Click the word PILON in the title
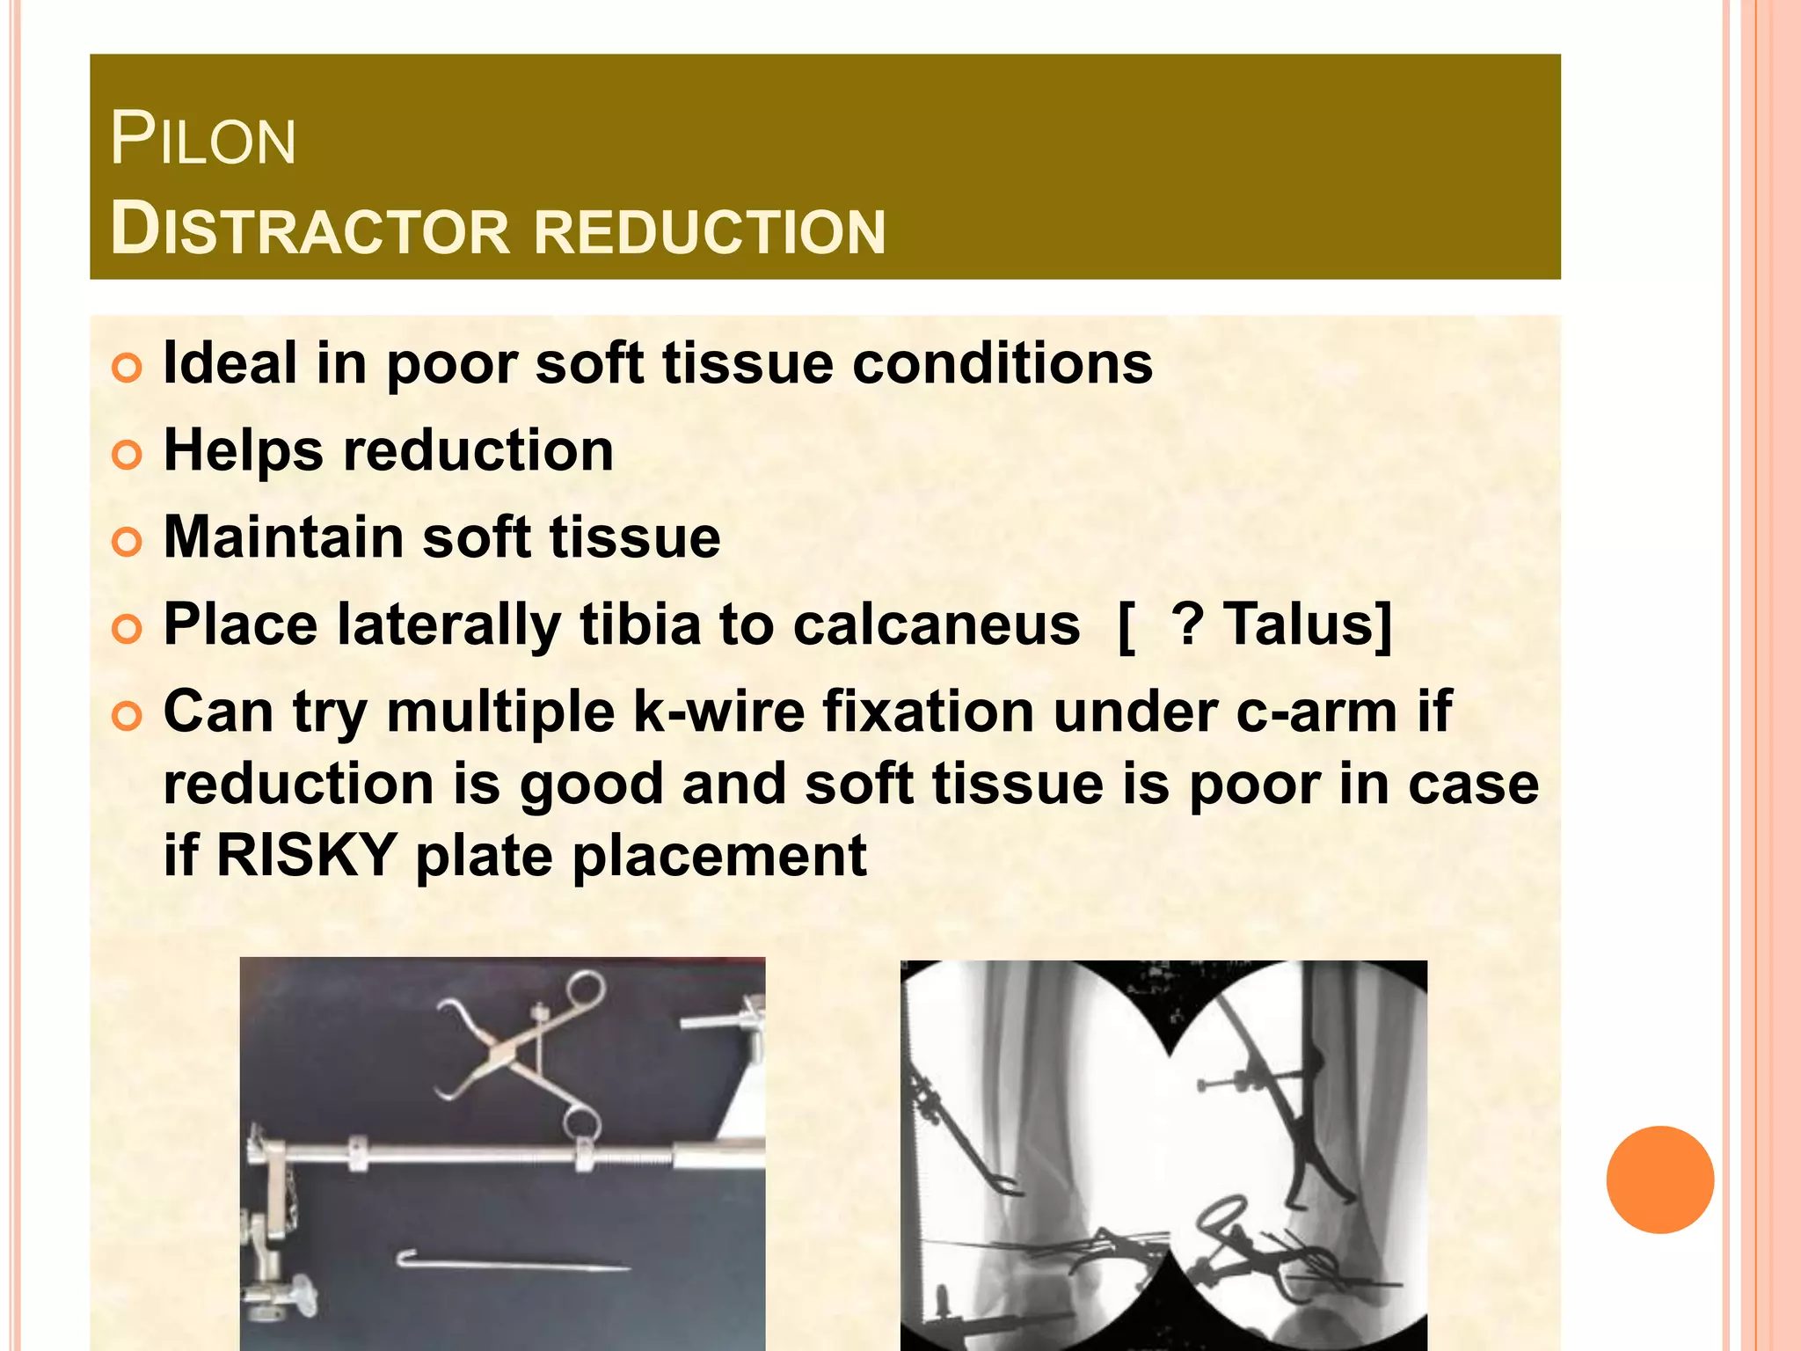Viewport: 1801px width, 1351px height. [203, 140]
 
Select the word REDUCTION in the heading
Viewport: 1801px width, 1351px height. [710, 231]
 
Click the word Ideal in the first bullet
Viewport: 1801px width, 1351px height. [230, 362]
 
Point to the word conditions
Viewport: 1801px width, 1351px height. [1003, 362]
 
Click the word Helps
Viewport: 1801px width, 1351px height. [244, 449]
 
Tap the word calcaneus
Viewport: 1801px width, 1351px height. [936, 624]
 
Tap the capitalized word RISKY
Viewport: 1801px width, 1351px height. [306, 855]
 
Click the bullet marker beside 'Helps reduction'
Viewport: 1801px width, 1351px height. [127, 455]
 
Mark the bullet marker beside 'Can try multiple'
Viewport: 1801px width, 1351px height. [127, 716]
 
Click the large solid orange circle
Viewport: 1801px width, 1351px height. [1659, 1179]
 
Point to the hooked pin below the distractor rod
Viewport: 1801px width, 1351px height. [510, 1263]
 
